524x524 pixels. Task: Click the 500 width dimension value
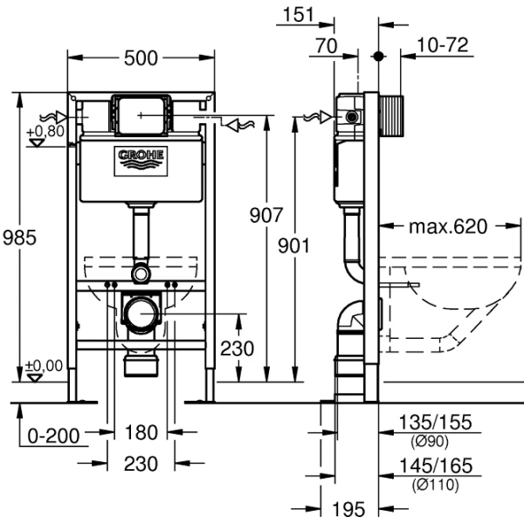click(141, 58)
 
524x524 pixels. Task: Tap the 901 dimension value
click(294, 246)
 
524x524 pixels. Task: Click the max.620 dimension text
click(447, 227)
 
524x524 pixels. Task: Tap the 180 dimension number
click(141, 431)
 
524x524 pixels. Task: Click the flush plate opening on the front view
click(141, 113)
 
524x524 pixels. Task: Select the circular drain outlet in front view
click(141, 311)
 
